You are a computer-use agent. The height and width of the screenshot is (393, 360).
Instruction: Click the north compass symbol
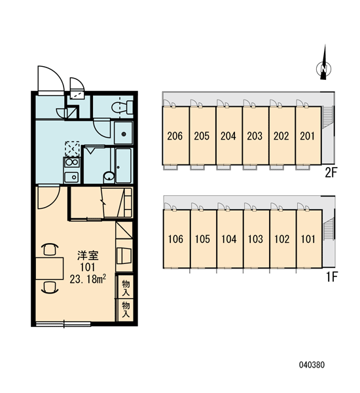pyautogui.click(x=324, y=67)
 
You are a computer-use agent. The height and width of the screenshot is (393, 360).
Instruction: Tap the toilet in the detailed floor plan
pyautogui.click(x=122, y=107)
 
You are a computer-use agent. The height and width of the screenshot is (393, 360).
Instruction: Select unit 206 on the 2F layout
pyautogui.click(x=175, y=136)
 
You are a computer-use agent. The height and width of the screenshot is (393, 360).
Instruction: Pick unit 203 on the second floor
pyautogui.click(x=255, y=136)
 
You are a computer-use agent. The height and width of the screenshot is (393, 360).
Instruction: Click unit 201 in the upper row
pyautogui.click(x=308, y=136)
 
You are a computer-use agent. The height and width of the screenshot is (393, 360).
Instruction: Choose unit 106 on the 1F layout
pyautogui.click(x=176, y=239)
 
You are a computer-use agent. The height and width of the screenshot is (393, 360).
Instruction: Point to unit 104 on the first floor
pyautogui.click(x=229, y=239)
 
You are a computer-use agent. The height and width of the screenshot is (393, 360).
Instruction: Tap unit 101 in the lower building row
pyautogui.click(x=309, y=239)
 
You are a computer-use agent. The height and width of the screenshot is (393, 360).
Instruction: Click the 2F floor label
pyautogui.click(x=331, y=172)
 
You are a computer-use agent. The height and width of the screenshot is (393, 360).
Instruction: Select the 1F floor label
pyautogui.click(x=332, y=276)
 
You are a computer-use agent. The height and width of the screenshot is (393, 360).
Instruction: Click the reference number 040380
pyautogui.click(x=312, y=365)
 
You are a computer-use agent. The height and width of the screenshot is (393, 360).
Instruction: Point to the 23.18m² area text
pyautogui.click(x=88, y=279)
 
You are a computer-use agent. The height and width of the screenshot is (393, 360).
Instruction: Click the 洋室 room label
pyautogui.click(x=88, y=255)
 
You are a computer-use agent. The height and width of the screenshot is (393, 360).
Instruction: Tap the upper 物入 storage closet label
pyautogui.click(x=126, y=288)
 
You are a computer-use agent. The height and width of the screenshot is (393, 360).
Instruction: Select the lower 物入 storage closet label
pyautogui.click(x=126, y=309)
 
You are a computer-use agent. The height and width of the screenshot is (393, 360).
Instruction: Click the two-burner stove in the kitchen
pyautogui.click(x=72, y=162)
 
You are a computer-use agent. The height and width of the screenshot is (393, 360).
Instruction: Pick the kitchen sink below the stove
pyautogui.click(x=71, y=178)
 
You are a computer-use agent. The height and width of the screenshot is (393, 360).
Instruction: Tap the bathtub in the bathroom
pyautogui.click(x=124, y=166)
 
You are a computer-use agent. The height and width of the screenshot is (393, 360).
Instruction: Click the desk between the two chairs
pyautogui.click(x=49, y=268)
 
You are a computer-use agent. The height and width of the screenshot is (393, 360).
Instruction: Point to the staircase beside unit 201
pyautogui.click(x=328, y=117)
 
